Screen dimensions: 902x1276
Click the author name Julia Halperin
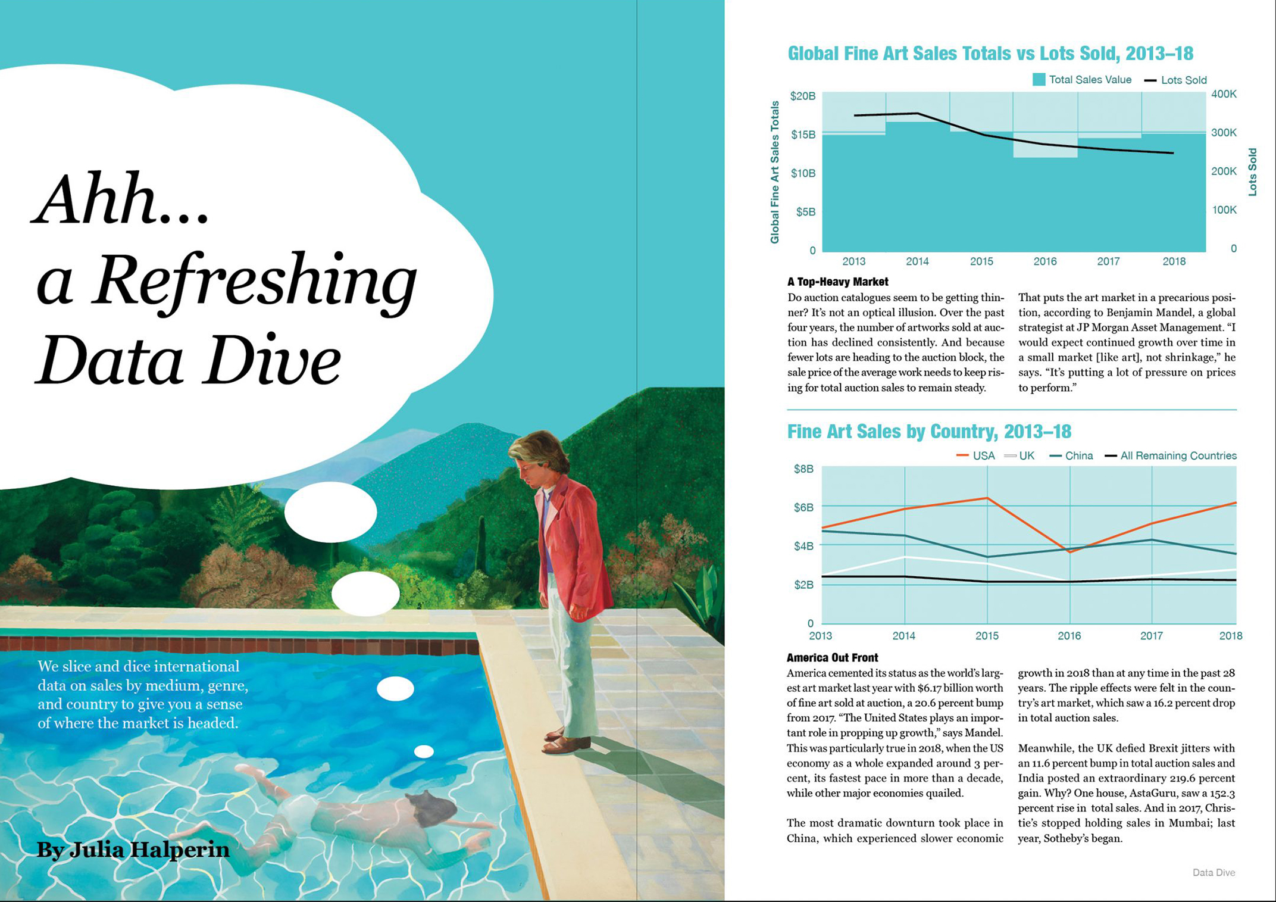point(133,850)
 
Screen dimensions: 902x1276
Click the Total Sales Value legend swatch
point(1039,80)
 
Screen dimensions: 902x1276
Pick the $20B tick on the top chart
point(803,96)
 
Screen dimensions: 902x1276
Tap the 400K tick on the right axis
point(1224,94)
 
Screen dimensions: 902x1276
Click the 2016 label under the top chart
point(1045,261)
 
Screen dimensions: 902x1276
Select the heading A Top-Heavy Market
point(837,282)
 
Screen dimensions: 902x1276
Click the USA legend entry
point(975,456)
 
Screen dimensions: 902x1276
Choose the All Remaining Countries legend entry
point(1170,456)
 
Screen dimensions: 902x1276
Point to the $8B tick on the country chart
point(803,469)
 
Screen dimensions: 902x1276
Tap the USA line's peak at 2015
point(987,498)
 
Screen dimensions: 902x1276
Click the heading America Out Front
point(832,657)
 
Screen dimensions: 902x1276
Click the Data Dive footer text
point(1214,872)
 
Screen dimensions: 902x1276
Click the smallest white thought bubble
point(424,751)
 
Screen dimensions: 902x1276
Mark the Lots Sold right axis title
point(1252,172)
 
